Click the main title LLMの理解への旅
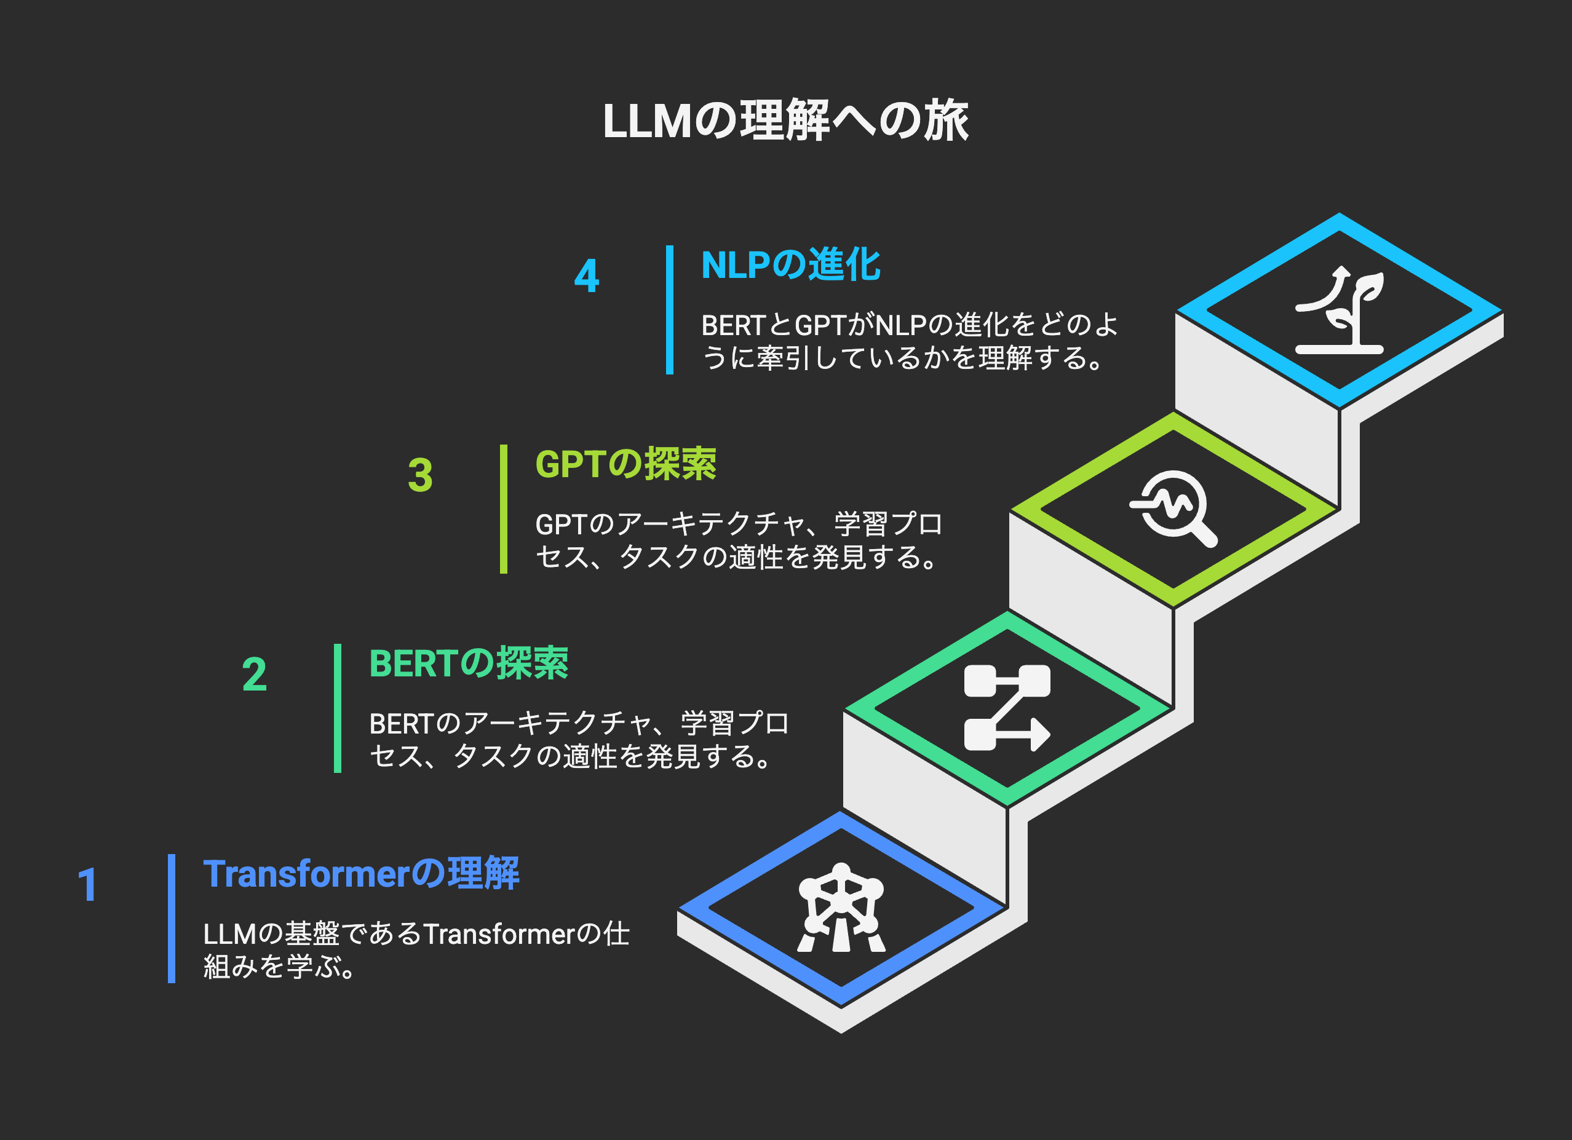click(x=785, y=121)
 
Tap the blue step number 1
click(x=87, y=885)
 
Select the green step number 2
click(x=255, y=675)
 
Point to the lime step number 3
click(x=420, y=475)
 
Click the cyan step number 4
click(x=586, y=276)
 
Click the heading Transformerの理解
click(x=361, y=873)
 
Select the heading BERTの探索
click(x=469, y=663)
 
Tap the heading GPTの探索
click(x=625, y=464)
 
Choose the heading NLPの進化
click(x=790, y=265)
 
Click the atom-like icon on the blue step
click(x=841, y=908)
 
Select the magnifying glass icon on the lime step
click(x=1173, y=509)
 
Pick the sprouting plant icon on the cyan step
click(x=1339, y=310)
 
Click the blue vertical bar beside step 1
click(x=171, y=918)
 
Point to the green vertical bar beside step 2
click(x=338, y=708)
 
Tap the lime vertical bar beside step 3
click(x=504, y=509)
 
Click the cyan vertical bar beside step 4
click(x=670, y=310)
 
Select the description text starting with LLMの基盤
click(x=416, y=950)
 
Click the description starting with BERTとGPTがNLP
click(x=910, y=342)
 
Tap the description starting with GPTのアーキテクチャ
click(x=738, y=540)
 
